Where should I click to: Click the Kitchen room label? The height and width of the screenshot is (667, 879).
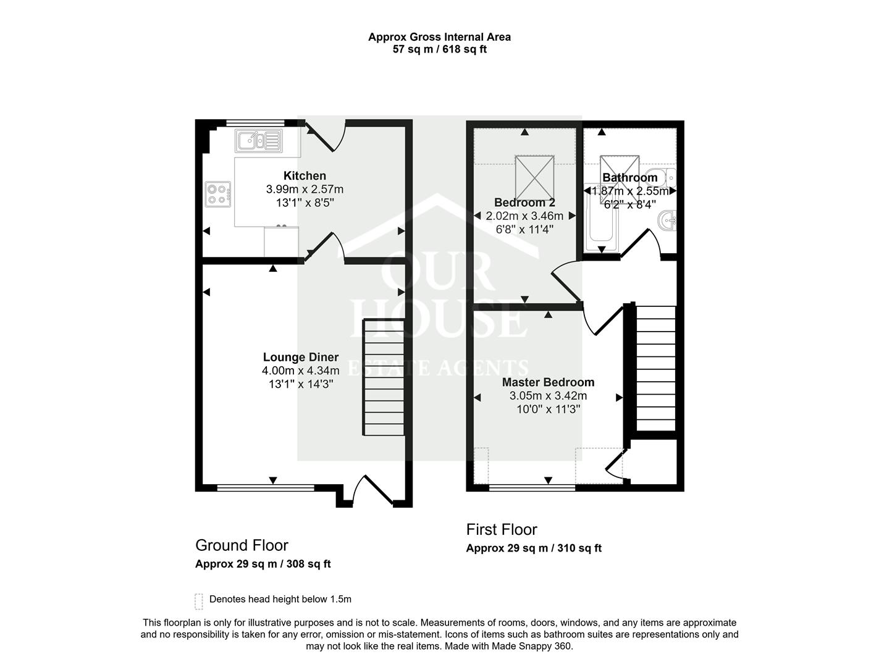coord(305,176)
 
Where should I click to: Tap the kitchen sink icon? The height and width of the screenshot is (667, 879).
coord(258,141)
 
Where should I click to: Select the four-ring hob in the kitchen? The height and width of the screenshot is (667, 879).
coord(218,194)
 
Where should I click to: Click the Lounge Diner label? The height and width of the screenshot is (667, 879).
coord(300,357)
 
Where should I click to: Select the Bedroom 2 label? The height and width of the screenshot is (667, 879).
coord(524,203)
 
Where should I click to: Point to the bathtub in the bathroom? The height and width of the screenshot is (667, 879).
coord(601,222)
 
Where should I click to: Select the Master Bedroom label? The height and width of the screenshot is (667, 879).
coord(548,382)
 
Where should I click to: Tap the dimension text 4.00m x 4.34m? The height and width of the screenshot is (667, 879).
coord(300,371)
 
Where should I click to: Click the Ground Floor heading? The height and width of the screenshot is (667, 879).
coord(242,545)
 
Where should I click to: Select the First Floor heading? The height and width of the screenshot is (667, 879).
coord(502,529)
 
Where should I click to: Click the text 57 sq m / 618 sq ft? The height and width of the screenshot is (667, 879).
coord(439,49)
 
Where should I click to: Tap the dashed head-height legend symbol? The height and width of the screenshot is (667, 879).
coord(199,600)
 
